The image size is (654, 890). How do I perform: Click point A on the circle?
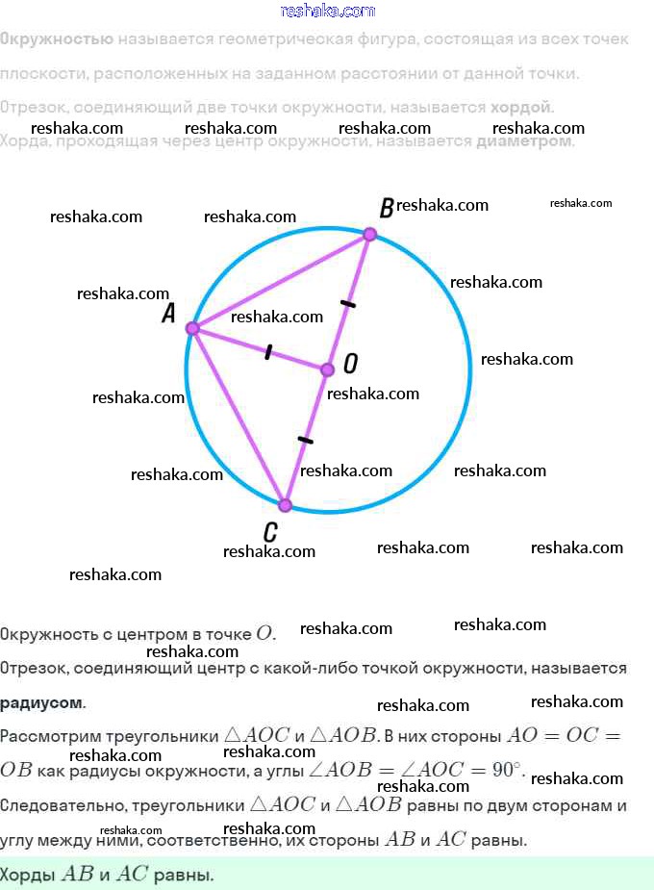point(191,328)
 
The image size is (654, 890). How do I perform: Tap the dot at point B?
point(368,234)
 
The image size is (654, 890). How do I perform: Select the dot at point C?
point(285,504)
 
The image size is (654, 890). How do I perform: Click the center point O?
point(326,369)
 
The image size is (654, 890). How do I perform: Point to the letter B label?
point(387,208)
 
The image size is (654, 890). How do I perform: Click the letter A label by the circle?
point(168,314)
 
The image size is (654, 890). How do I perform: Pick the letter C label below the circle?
point(270,531)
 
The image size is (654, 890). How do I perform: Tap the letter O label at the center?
point(350,363)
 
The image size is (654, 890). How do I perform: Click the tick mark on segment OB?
point(348,303)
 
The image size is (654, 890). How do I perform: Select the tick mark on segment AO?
point(268,352)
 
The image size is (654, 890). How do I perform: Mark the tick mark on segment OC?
point(305,440)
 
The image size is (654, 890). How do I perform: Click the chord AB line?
point(279,281)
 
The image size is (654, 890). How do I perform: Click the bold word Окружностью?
point(56,39)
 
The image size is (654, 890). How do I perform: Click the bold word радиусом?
point(41,702)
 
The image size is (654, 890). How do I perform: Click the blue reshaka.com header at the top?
point(327,11)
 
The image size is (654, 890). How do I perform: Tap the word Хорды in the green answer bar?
point(29,875)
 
